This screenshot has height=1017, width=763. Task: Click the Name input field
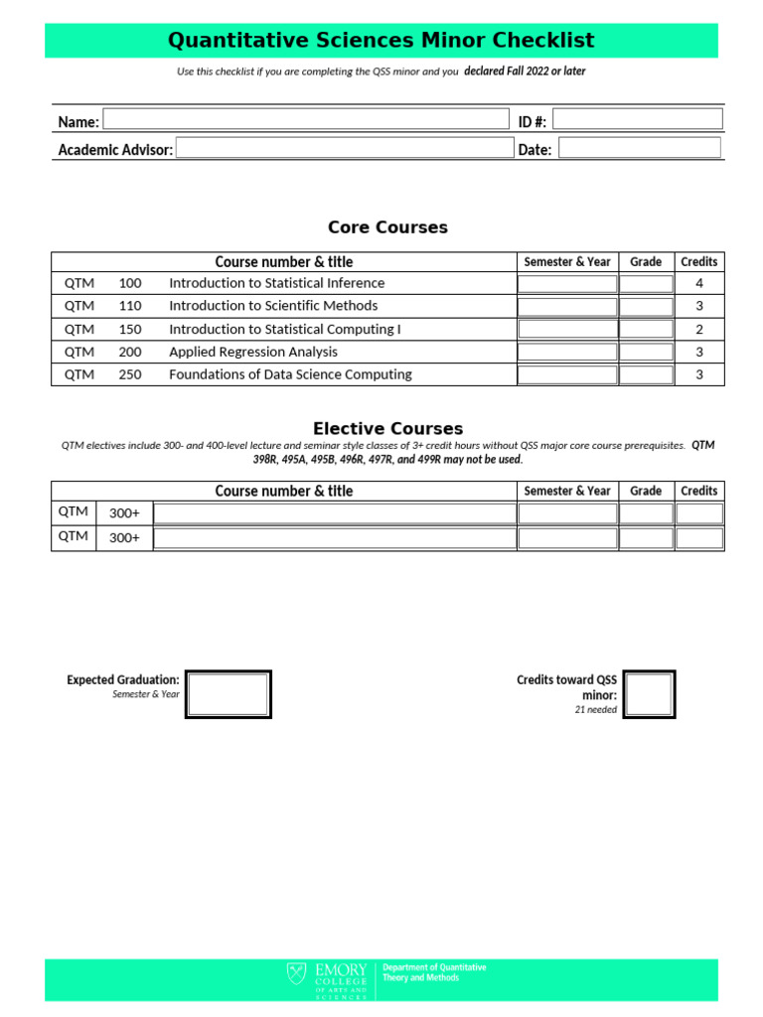click(x=306, y=120)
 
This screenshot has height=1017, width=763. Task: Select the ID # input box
click(x=637, y=119)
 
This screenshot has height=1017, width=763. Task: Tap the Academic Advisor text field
click(x=344, y=148)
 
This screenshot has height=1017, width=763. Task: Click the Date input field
click(x=639, y=148)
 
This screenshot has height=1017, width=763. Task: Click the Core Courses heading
click(x=387, y=227)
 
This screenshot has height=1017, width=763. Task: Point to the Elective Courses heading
click(x=387, y=429)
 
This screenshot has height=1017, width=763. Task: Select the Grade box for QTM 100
click(x=646, y=283)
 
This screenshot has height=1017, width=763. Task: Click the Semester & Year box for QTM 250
click(x=567, y=374)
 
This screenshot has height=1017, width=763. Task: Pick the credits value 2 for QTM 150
click(x=699, y=329)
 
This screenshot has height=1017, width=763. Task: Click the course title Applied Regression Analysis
click(x=253, y=352)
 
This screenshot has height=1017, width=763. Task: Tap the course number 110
click(x=130, y=306)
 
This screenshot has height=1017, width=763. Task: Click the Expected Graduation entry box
click(x=229, y=693)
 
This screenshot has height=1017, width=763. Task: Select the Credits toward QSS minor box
click(x=649, y=693)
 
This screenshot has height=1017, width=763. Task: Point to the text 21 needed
click(x=595, y=710)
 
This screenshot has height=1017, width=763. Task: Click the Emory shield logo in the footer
click(x=297, y=974)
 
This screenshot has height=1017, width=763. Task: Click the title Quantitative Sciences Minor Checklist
click(x=381, y=41)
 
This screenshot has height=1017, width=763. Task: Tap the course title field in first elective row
click(x=335, y=513)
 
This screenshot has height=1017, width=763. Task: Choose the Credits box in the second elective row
click(x=699, y=538)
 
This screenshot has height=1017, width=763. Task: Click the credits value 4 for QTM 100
click(x=699, y=283)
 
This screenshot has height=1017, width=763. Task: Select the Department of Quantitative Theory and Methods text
click(x=434, y=972)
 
